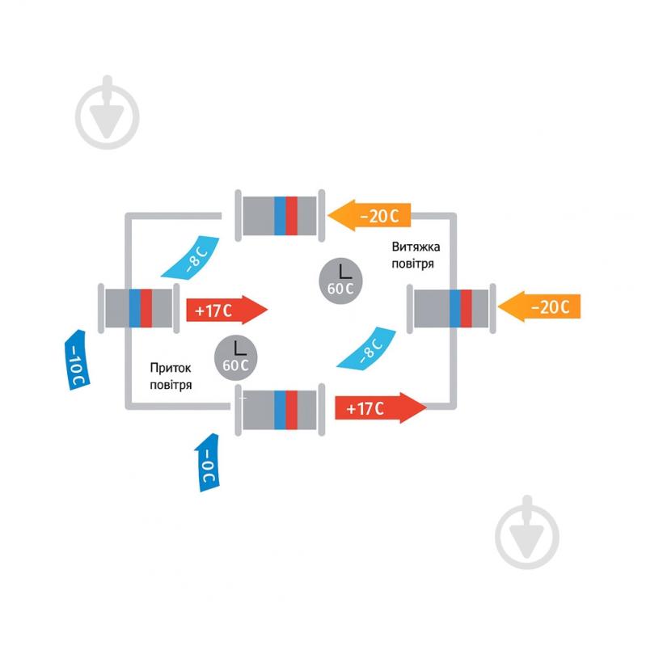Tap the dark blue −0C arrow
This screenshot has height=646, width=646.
[x=208, y=462]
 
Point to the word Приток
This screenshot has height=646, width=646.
[x=171, y=368]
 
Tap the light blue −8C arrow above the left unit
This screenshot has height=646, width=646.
[x=192, y=257]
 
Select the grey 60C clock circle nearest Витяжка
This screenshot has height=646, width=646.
[x=340, y=280]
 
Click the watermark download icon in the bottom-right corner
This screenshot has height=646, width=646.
[x=526, y=530]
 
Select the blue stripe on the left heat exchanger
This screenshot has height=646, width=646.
[x=134, y=308]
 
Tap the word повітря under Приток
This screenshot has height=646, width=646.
[x=171, y=385]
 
